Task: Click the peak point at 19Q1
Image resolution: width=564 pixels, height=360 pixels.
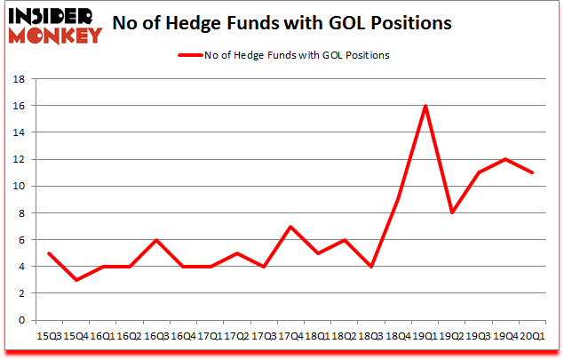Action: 426,106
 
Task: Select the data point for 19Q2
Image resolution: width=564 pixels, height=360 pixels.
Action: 452,213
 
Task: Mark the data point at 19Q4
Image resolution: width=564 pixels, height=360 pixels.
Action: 504,159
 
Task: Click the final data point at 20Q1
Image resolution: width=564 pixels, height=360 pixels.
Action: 531,172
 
